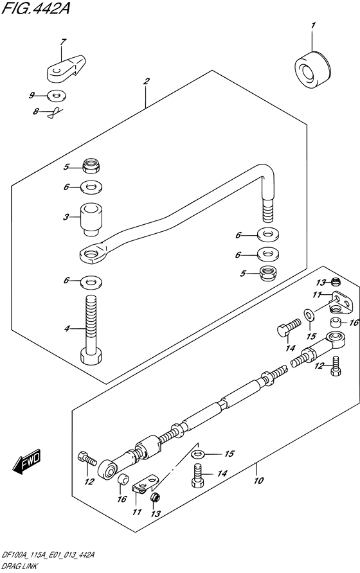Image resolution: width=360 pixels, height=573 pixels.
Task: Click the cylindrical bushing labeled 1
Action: click(312, 70)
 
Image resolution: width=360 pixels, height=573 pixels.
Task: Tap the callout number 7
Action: click(62, 42)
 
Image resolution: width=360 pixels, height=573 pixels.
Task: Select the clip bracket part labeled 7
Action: click(66, 67)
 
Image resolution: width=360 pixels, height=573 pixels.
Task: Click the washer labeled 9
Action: click(57, 96)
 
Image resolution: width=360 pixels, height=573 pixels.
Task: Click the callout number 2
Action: click(147, 81)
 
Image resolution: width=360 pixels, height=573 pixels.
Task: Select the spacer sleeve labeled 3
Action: click(91, 220)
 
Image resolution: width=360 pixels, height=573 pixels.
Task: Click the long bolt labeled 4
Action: click(91, 330)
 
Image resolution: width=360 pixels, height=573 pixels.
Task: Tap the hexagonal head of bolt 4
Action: click(91, 356)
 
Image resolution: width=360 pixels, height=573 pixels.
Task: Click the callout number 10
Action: click(258, 480)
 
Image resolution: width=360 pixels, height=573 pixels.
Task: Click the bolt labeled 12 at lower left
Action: click(87, 457)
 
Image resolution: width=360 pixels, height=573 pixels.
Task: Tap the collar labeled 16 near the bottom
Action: click(123, 479)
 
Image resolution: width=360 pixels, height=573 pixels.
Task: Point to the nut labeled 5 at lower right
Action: click(267, 274)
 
